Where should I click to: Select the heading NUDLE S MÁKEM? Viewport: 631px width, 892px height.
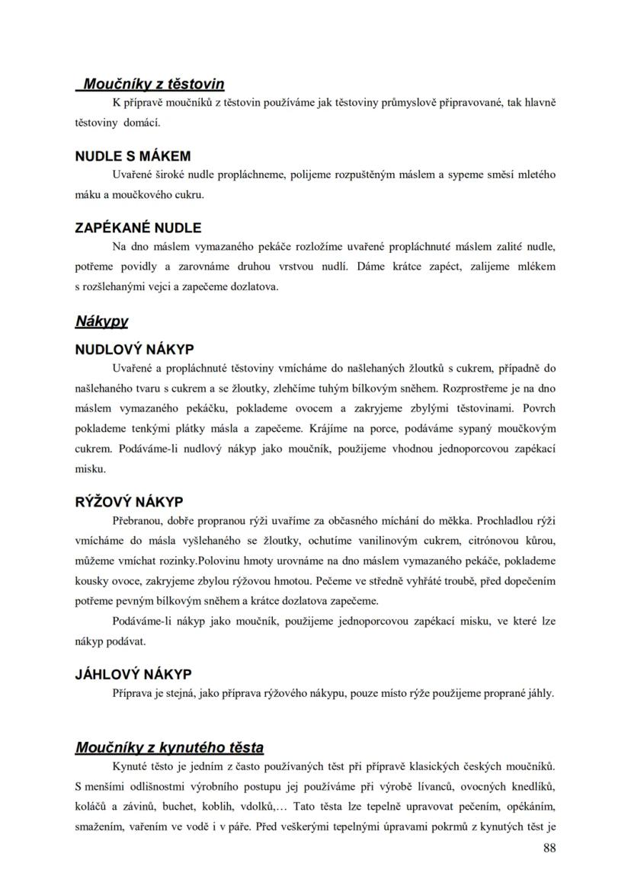click(133, 156)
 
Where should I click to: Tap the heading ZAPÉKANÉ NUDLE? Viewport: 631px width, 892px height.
click(138, 227)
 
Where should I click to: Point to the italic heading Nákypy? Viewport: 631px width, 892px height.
click(101, 321)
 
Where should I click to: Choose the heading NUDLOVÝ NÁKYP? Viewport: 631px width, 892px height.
click(134, 350)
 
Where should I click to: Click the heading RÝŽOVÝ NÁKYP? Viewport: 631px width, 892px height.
click(129, 502)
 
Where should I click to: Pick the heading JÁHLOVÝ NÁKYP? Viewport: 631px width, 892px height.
click(133, 674)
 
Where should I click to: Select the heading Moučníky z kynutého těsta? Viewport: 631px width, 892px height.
click(169, 747)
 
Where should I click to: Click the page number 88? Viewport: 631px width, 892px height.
click(549, 849)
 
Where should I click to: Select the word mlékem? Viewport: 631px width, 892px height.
click(537, 267)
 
